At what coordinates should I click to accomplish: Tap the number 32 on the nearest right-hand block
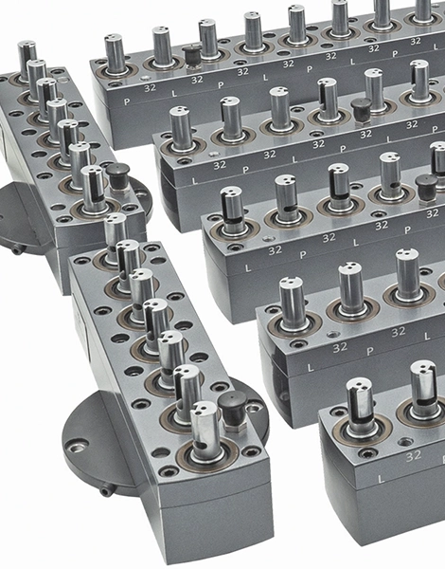click(x=414, y=456)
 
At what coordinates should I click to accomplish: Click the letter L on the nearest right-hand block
click(x=381, y=479)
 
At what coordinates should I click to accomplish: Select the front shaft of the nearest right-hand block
click(x=359, y=408)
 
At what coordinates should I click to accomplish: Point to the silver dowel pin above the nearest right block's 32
click(x=405, y=442)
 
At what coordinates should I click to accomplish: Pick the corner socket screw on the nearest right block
click(x=365, y=452)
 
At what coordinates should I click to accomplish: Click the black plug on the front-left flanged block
click(x=232, y=402)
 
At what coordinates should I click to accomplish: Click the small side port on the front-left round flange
click(x=105, y=491)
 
